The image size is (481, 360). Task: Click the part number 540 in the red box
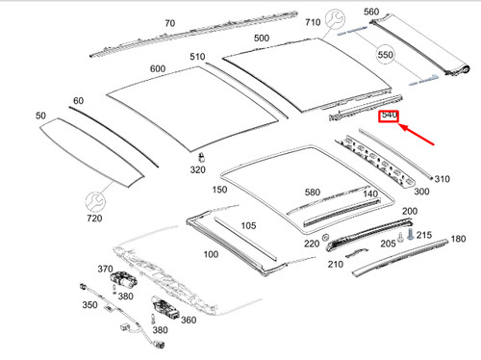click(x=389, y=115)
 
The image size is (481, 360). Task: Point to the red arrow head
click(x=404, y=128)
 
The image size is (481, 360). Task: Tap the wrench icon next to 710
click(x=335, y=19)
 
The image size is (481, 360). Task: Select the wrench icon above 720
click(x=95, y=202)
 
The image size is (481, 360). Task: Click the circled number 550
click(x=385, y=55)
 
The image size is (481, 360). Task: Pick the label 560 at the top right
click(x=371, y=12)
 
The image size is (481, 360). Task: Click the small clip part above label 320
click(x=202, y=157)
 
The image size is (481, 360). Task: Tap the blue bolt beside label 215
click(x=411, y=234)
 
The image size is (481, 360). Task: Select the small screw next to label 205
click(x=400, y=238)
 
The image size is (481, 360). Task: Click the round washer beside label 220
click(x=325, y=238)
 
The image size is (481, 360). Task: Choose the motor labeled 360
click(x=165, y=308)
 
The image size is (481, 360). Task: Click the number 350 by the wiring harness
click(x=89, y=304)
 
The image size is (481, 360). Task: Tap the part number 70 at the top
click(x=170, y=23)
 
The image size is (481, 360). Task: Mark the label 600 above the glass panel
click(x=158, y=68)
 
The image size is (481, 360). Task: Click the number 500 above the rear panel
click(x=262, y=38)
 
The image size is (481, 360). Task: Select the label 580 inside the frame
click(x=313, y=192)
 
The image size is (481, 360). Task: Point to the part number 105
click(x=248, y=225)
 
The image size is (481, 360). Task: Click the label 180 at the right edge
click(x=458, y=239)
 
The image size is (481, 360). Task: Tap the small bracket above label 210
click(x=356, y=253)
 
